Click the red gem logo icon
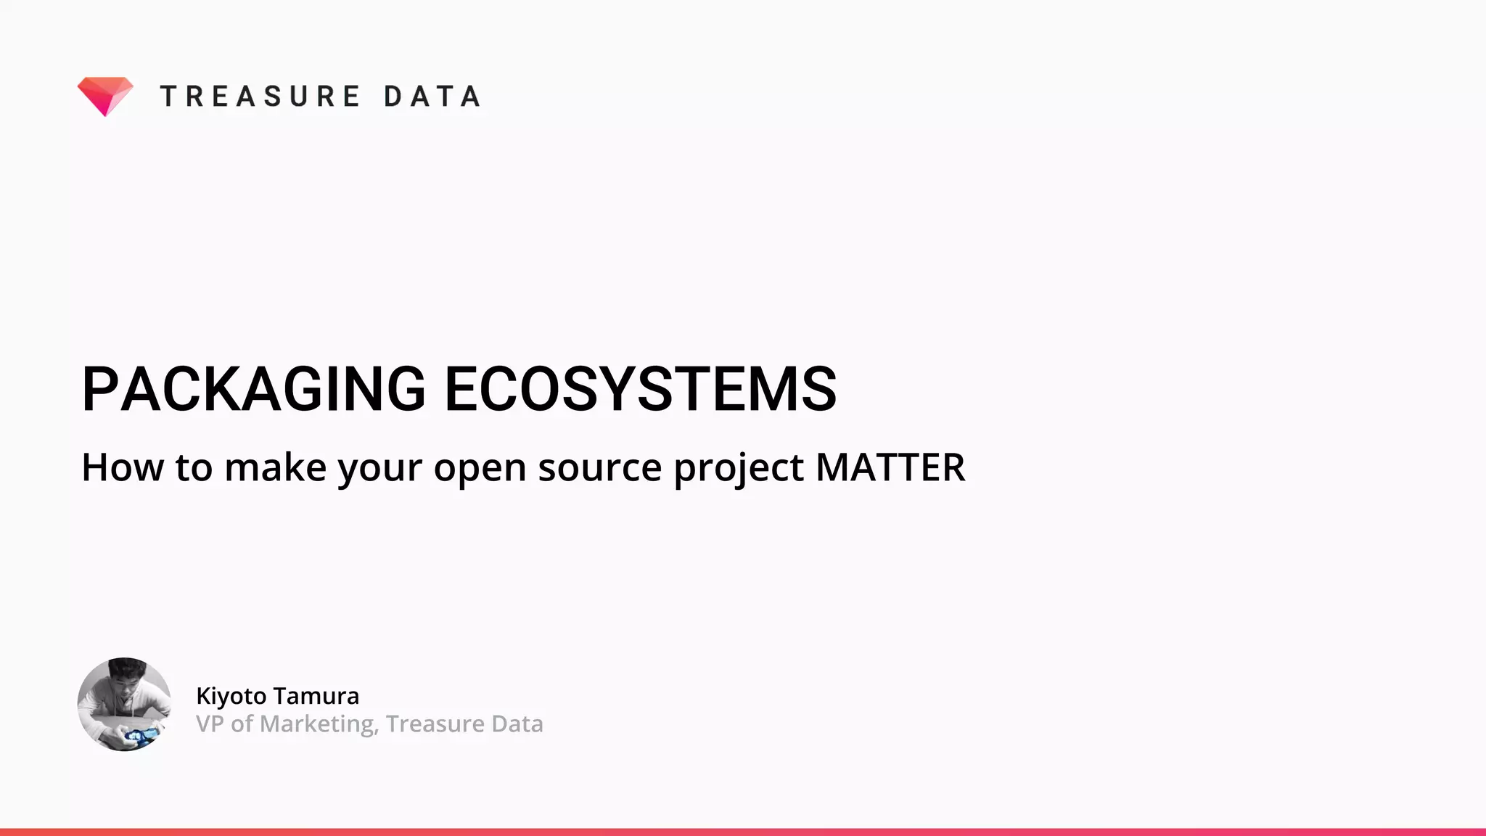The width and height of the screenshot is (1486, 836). (x=105, y=95)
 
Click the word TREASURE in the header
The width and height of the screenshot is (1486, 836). (x=260, y=97)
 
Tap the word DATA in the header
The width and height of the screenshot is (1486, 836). (x=432, y=97)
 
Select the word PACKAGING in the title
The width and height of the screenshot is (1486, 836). (x=253, y=390)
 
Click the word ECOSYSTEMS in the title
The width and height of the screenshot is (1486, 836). (x=640, y=390)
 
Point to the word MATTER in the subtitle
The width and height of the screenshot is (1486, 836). (x=890, y=467)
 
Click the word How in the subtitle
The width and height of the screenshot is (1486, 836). (x=122, y=467)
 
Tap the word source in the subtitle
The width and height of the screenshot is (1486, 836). (x=599, y=468)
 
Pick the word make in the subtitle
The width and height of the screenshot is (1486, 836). (x=275, y=467)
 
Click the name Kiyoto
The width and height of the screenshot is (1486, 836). (x=231, y=696)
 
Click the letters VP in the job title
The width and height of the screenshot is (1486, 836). (x=209, y=724)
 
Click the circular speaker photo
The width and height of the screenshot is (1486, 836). (x=124, y=704)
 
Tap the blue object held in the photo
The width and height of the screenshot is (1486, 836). (x=139, y=735)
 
